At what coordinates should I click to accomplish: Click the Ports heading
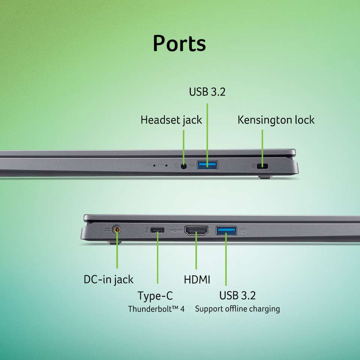coord(179,43)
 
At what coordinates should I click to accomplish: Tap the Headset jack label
coord(171,120)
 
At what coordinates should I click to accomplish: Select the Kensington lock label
coord(276,120)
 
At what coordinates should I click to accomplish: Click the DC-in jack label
coord(108,280)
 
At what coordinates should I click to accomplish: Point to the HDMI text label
coord(197,280)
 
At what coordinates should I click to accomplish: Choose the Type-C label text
coord(155,295)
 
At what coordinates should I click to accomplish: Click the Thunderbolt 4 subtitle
coord(156,309)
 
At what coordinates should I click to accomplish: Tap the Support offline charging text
coord(237,309)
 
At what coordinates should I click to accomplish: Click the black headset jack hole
coord(183,166)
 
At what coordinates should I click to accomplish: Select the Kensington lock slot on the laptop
coord(262,166)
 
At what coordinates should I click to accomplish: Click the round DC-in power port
coord(117,229)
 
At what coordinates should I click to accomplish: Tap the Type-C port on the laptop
coord(157,230)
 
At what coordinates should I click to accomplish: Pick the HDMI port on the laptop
coord(196,231)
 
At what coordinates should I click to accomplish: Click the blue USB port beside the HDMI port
coord(226,231)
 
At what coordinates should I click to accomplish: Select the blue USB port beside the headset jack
coord(207,165)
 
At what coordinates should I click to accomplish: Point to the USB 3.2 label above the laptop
coord(207,91)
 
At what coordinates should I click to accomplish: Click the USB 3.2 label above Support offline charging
coord(237,295)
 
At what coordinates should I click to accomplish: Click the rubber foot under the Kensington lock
coord(265,177)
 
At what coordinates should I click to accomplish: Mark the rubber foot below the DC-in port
coord(114,242)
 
